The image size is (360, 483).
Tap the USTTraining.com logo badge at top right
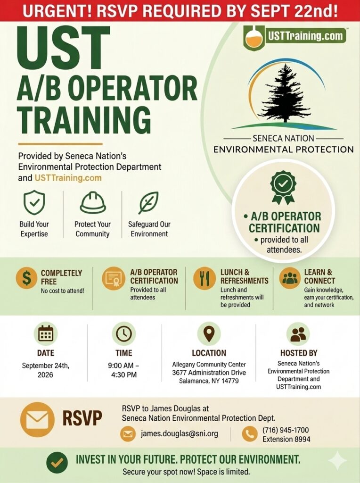pos(295,37)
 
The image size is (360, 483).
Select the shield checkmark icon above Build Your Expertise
pos(34,202)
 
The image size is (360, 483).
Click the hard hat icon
pos(93,202)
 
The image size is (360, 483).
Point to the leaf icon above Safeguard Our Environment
pos(148,202)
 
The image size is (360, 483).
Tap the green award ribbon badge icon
pos(283,187)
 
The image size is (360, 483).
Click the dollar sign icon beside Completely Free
pos(26,278)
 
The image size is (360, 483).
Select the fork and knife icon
pos(205,278)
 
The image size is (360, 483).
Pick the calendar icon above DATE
pos(46,333)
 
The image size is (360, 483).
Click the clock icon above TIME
pos(124,333)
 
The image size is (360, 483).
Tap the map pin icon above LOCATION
pos(209,333)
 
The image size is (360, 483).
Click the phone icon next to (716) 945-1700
pos(250,434)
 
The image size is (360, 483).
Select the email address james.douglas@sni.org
pos(180,434)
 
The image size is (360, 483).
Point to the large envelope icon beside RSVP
pos(37,419)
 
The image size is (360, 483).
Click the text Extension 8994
pos(286,439)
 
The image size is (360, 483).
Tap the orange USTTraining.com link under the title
pos(68,178)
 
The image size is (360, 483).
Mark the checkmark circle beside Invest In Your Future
pos(57,462)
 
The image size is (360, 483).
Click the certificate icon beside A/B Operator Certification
pos(114,278)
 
